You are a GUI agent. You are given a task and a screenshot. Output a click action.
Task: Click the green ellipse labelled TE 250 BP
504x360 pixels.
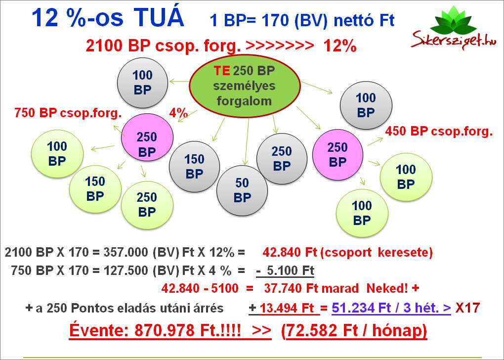pos(245,86)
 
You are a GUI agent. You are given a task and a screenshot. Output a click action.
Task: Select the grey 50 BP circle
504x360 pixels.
pos(242,190)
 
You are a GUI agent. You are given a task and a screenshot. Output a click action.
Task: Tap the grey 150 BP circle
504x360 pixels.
pos(194,167)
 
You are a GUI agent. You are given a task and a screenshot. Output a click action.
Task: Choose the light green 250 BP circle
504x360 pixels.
pos(147,205)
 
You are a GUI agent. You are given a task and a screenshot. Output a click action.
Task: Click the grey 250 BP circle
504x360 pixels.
pos(282,159)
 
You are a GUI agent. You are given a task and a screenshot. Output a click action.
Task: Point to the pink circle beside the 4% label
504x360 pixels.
pos(147,137)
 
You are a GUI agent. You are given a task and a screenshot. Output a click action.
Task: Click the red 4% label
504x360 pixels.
pos(178,113)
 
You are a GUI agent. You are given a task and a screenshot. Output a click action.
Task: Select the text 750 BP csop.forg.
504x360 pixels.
pos(68,113)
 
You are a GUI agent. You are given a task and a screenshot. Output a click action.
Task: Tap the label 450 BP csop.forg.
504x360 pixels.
pos(439,131)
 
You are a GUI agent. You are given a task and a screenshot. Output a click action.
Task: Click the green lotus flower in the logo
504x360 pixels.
pos(453,22)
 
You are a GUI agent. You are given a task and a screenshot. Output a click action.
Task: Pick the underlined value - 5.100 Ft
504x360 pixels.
pos(285,270)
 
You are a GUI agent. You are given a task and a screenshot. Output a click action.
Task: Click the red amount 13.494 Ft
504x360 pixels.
pos(287,308)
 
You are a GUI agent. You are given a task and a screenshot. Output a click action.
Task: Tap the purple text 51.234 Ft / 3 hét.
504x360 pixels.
pos(391,308)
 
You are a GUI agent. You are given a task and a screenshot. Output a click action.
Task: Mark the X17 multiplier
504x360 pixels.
pos(467,308)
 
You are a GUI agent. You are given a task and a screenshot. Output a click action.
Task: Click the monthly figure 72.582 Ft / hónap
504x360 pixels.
pos(356,330)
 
